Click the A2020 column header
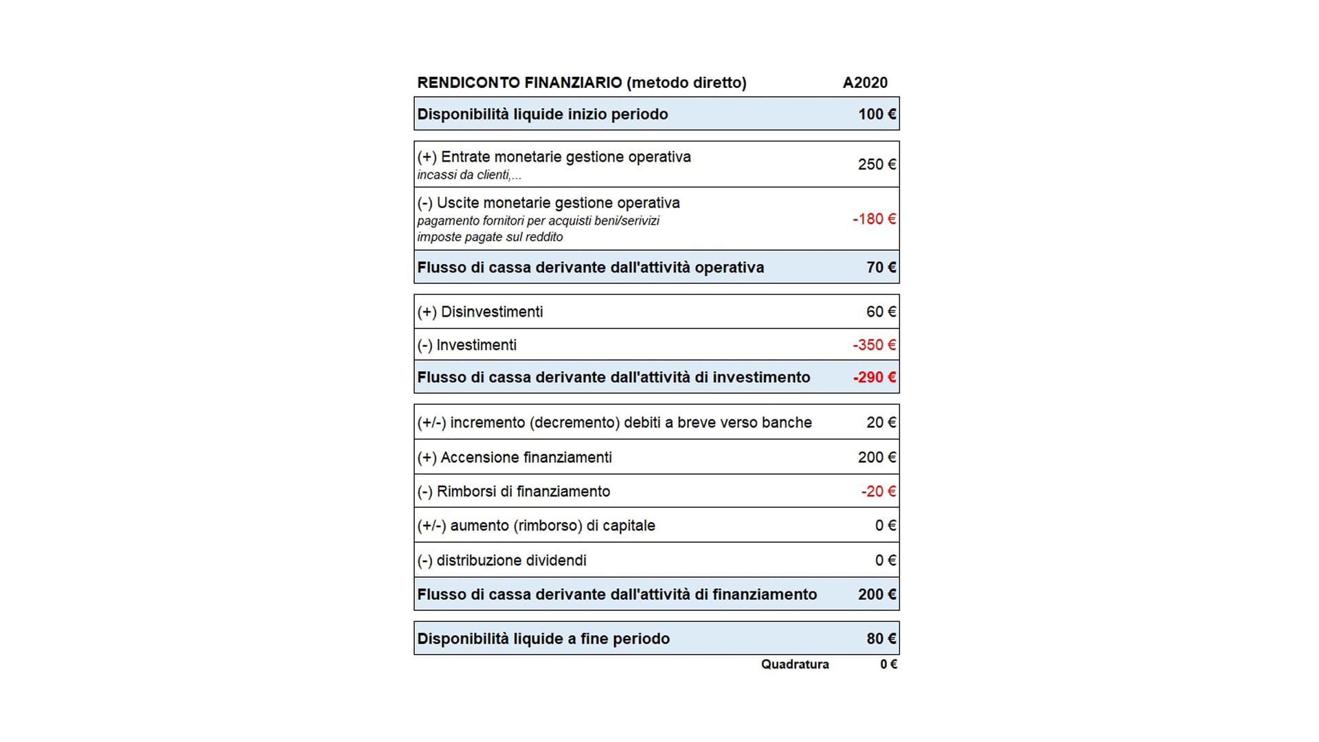(865, 82)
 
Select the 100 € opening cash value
(877, 114)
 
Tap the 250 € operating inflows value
(877, 164)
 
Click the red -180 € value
(874, 219)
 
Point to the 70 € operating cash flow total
(881, 267)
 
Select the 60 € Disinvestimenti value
(881, 312)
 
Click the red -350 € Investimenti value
(874, 345)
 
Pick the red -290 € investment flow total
(874, 377)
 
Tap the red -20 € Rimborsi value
(878, 491)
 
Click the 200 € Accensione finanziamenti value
(877, 458)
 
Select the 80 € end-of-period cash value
(881, 639)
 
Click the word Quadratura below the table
(795, 664)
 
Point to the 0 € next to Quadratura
(888, 664)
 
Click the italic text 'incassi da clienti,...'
(469, 175)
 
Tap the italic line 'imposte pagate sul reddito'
(490, 237)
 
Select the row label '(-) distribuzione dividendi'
(501, 561)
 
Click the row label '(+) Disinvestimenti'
(480, 312)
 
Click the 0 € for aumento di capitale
(885, 526)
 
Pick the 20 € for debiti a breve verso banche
(881, 423)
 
